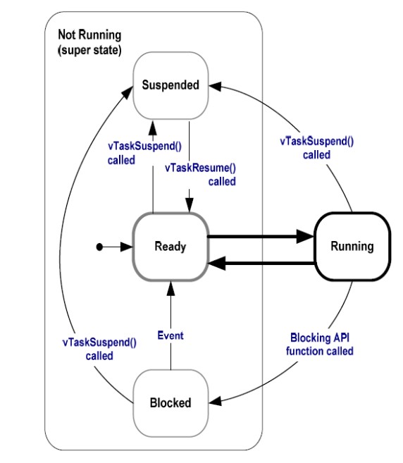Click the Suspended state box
pyautogui.click(x=170, y=86)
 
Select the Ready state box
pyautogui.click(x=170, y=246)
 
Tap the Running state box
pyautogui.click(x=352, y=246)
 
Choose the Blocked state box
pyautogui.click(x=170, y=403)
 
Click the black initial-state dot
pyautogui.click(x=99, y=247)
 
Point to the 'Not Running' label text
pyautogui.click(x=89, y=35)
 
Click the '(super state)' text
pyautogui.click(x=89, y=50)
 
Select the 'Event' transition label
pyautogui.click(x=170, y=335)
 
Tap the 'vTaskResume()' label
pyautogui.click(x=201, y=168)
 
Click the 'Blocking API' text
pyautogui.click(x=320, y=338)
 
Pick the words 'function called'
pyautogui.click(x=319, y=351)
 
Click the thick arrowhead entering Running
pyautogui.click(x=305, y=237)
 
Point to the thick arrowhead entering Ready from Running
pyautogui.click(x=217, y=263)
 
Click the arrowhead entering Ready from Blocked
pyautogui.click(x=170, y=288)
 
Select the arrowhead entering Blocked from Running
pyautogui.click(x=215, y=401)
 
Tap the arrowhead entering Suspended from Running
pyautogui.click(x=215, y=86)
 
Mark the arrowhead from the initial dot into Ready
pyautogui.click(x=126, y=247)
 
